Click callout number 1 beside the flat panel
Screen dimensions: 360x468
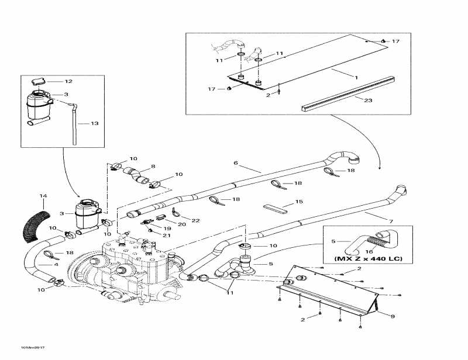click(x=355, y=77)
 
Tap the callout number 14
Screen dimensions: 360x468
click(x=42, y=195)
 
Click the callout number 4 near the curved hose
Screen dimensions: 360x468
click(x=56, y=264)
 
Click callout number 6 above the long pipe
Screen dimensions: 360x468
click(x=236, y=162)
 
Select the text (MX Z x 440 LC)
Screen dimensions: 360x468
click(x=367, y=258)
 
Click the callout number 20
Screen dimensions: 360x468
click(x=181, y=224)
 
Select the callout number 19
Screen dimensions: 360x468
click(x=167, y=229)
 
